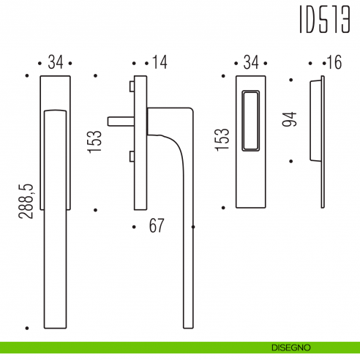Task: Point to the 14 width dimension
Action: coord(159,63)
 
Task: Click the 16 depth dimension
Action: coord(334,63)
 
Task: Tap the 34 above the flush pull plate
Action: coord(251,63)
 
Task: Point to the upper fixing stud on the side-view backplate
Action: coord(131,87)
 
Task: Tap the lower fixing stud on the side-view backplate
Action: coord(131,155)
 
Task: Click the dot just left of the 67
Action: coord(133,227)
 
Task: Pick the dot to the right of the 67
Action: coord(192,227)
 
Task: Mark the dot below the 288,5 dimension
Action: coord(26,327)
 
